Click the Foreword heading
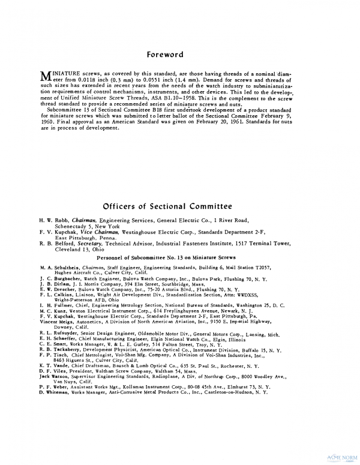[165, 55]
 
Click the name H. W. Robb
[53, 221]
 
